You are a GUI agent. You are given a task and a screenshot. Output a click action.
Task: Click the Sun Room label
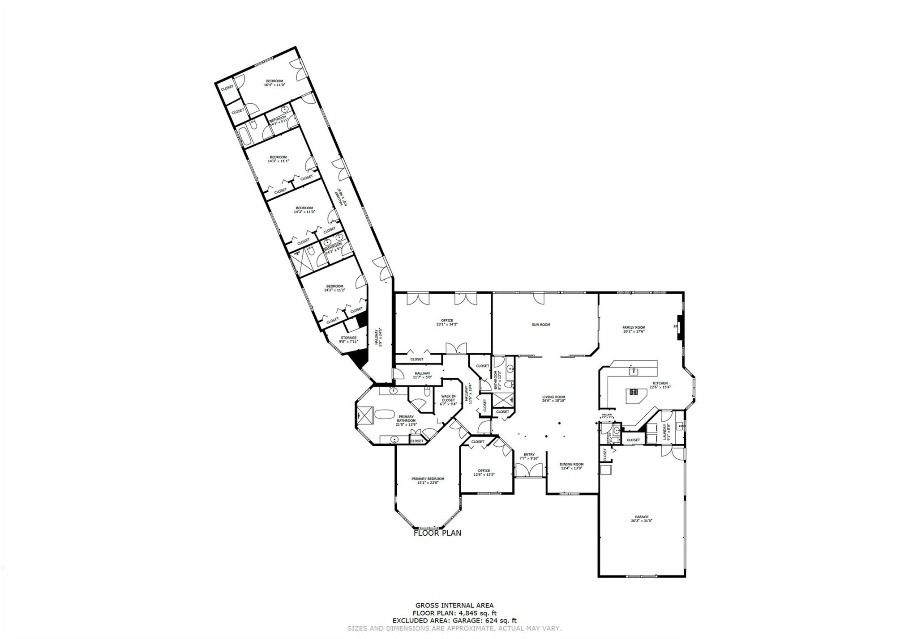point(540,325)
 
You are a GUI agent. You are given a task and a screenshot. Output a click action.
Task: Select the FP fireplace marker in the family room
point(675,326)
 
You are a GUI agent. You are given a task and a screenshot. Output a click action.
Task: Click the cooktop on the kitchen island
point(634,393)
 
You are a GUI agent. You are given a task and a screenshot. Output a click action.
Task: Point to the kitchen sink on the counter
point(633,371)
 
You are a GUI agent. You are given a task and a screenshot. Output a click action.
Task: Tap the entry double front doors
point(529,470)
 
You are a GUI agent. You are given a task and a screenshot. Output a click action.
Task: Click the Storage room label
point(349,338)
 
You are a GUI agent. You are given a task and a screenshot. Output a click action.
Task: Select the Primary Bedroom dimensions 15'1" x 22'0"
point(428,482)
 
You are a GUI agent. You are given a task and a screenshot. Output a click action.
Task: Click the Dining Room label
point(572,464)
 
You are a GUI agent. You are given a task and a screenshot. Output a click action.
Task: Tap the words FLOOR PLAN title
point(437,533)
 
